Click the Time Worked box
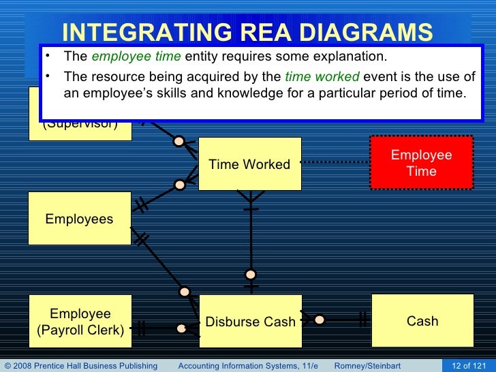coord(249,164)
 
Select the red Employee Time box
coord(421,163)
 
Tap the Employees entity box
coord(79,219)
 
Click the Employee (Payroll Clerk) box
coord(80,322)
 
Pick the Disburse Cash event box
coord(250,322)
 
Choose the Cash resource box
coord(422,321)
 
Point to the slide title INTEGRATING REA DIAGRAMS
coord(247,33)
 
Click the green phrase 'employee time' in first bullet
coord(151,56)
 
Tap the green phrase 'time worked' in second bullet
coord(322,76)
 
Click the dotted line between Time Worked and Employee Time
coord(335,162)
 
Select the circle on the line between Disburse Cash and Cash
coord(319,319)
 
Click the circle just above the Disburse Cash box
coord(251,275)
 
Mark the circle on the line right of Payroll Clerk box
coord(181,328)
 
